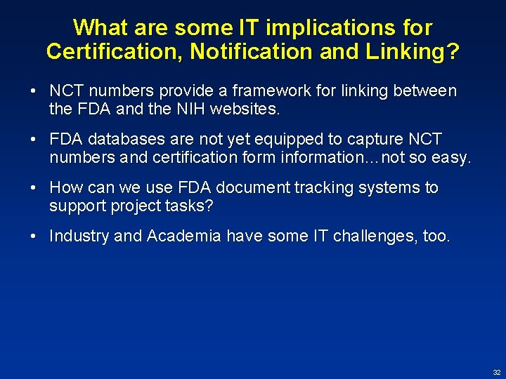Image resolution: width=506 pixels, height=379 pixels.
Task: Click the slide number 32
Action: tap(497, 373)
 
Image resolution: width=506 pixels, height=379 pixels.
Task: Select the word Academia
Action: tap(182, 237)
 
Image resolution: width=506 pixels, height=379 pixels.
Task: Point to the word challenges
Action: tap(365, 237)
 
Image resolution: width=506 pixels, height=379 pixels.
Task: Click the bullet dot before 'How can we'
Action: tap(34, 188)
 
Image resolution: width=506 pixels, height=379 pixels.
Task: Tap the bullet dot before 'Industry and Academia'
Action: tap(34, 237)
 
